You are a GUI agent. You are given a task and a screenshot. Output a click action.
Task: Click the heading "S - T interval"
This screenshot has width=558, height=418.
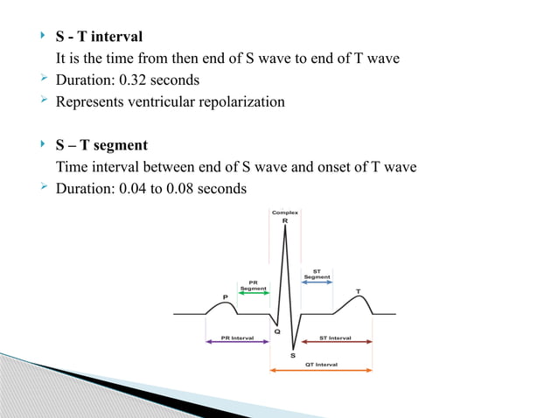(x=99, y=38)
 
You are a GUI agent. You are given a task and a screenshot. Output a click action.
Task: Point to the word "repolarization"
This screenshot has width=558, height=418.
(x=241, y=101)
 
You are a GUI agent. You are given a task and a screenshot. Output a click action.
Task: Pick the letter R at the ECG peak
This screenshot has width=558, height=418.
(x=285, y=222)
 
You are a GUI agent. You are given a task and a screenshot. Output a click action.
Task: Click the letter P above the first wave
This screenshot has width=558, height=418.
(x=226, y=296)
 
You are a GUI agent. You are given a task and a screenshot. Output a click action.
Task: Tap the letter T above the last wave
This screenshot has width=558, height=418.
(x=358, y=291)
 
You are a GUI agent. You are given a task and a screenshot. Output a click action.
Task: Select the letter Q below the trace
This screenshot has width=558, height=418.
(x=276, y=331)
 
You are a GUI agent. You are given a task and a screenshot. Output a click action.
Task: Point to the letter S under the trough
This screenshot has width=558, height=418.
(x=291, y=353)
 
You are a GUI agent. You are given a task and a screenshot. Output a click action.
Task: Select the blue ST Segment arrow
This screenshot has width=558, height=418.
(x=317, y=282)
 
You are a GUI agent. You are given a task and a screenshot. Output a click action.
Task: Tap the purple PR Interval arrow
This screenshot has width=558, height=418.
(x=237, y=342)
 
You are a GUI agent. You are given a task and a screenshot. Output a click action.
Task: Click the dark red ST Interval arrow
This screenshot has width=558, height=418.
(x=337, y=342)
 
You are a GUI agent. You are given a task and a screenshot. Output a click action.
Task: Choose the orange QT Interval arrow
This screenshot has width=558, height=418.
(x=322, y=371)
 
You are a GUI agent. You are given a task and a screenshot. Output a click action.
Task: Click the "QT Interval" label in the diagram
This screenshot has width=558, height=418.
(x=322, y=364)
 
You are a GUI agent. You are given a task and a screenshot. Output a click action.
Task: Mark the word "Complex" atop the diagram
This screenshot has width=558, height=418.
(x=285, y=212)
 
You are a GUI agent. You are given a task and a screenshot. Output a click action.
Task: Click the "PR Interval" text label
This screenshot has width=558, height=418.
(x=237, y=336)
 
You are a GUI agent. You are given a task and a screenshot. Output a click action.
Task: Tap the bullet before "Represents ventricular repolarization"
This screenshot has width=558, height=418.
(x=46, y=101)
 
